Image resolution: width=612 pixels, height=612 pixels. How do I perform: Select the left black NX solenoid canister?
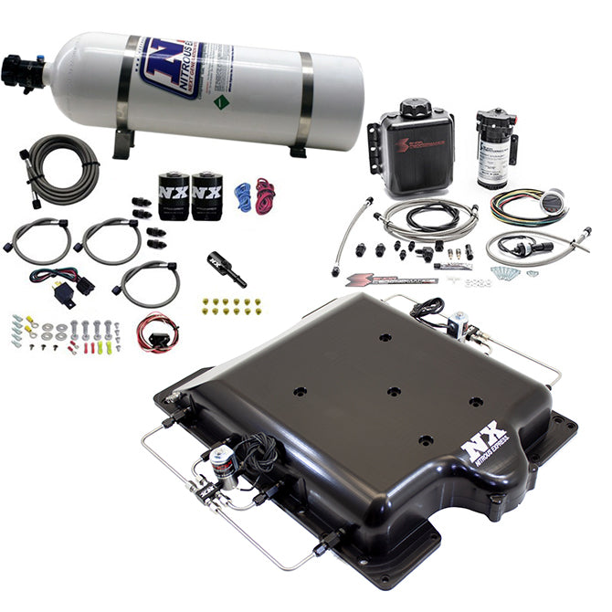coord(174,195)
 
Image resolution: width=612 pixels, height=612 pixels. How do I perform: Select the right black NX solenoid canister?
coord(206,195)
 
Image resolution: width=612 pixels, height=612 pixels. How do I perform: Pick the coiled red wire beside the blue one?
coord(265,195)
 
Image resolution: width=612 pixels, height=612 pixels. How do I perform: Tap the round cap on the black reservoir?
coord(416,110)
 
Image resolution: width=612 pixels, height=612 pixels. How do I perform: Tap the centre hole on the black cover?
coord(394,392)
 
